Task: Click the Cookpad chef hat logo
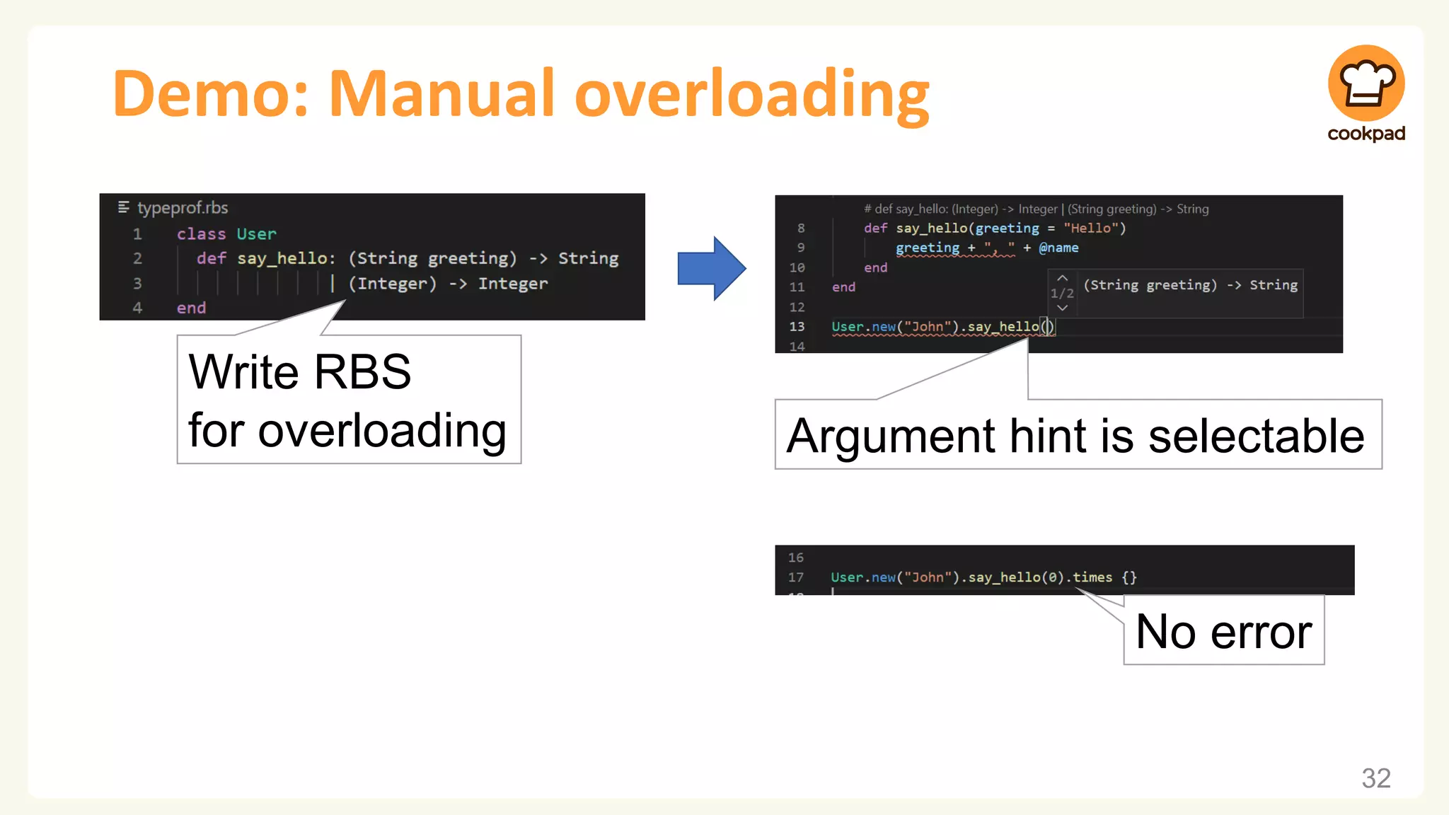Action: coord(1366,83)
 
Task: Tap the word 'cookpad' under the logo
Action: coord(1366,134)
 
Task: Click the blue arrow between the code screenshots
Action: coord(711,269)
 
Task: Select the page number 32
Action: coord(1375,778)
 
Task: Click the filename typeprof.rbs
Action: coord(183,208)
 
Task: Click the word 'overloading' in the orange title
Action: coord(751,93)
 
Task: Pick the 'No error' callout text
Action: coord(1223,631)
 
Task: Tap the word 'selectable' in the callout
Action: coord(1256,436)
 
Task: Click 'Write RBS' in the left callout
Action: coord(299,371)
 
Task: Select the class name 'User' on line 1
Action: coord(256,234)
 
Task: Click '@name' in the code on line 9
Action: coord(1058,248)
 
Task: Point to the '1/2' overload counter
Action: coord(1062,293)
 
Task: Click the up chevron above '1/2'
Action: coord(1062,278)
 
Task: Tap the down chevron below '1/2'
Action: coord(1062,308)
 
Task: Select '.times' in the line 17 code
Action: coord(1090,577)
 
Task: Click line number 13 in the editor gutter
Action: coord(797,327)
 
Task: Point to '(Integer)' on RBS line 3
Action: coord(392,284)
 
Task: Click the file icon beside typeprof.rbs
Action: coord(124,207)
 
